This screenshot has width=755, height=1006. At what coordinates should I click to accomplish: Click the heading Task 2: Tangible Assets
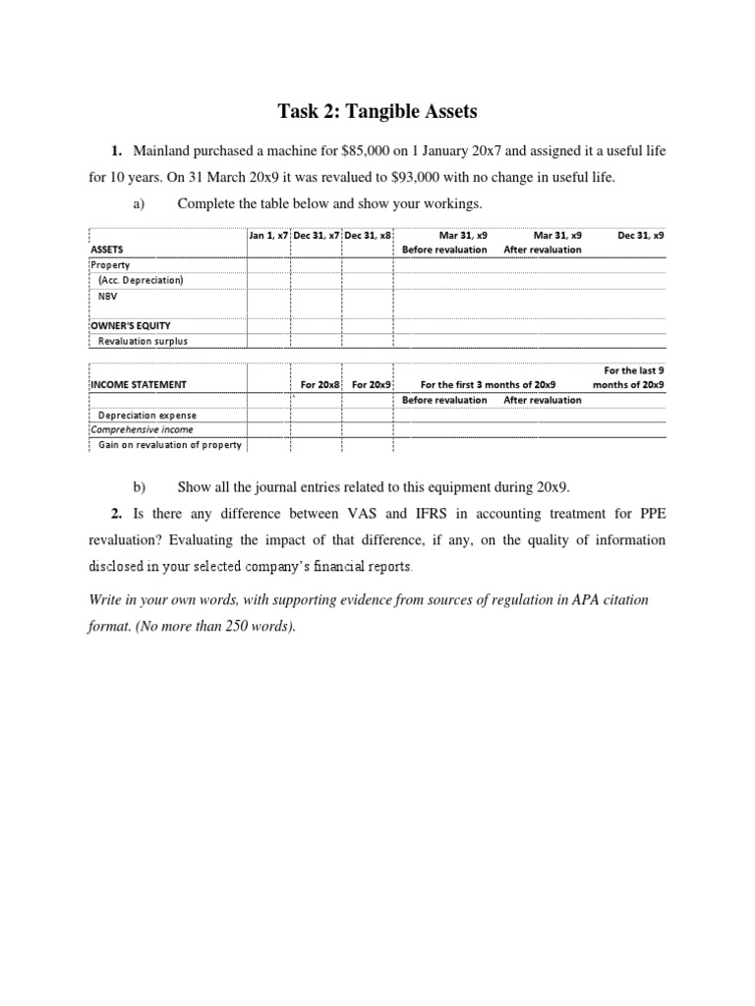[377, 112]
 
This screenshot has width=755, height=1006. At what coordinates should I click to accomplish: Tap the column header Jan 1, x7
[268, 235]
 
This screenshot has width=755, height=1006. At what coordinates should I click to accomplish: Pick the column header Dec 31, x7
[317, 235]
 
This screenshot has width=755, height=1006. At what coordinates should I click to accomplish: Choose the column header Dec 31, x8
[368, 235]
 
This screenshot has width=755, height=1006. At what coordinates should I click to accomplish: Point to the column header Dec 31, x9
[640, 235]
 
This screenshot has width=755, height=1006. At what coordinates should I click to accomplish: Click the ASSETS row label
[107, 250]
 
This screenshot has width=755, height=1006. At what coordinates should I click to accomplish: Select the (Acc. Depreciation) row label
[141, 279]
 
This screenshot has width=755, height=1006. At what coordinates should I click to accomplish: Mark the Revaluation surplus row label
[143, 341]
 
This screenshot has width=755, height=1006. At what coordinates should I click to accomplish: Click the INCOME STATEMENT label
[139, 384]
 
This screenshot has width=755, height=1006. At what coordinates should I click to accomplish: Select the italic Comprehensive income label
[142, 429]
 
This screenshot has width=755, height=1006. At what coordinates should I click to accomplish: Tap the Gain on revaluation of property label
[170, 445]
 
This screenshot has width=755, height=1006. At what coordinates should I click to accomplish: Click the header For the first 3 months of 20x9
[488, 384]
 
